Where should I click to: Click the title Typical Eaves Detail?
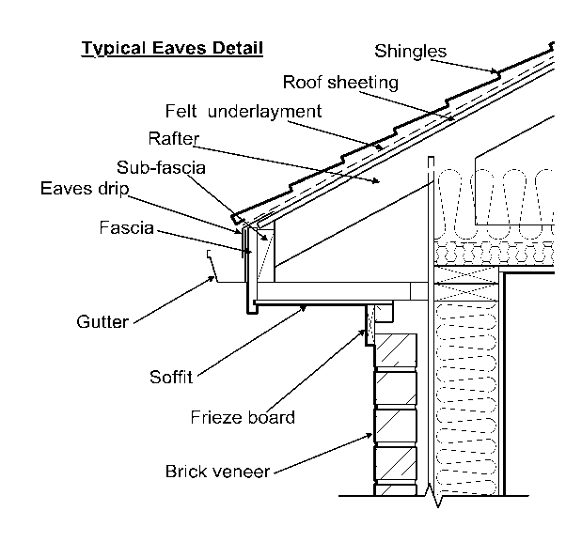tap(171, 48)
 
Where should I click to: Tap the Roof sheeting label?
tap(340, 82)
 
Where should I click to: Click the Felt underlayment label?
tap(243, 111)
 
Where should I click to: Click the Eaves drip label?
tap(84, 188)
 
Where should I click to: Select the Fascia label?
tap(126, 228)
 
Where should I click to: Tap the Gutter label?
tap(102, 322)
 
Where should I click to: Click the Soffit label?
tap(170, 378)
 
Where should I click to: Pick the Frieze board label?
tap(242, 417)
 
